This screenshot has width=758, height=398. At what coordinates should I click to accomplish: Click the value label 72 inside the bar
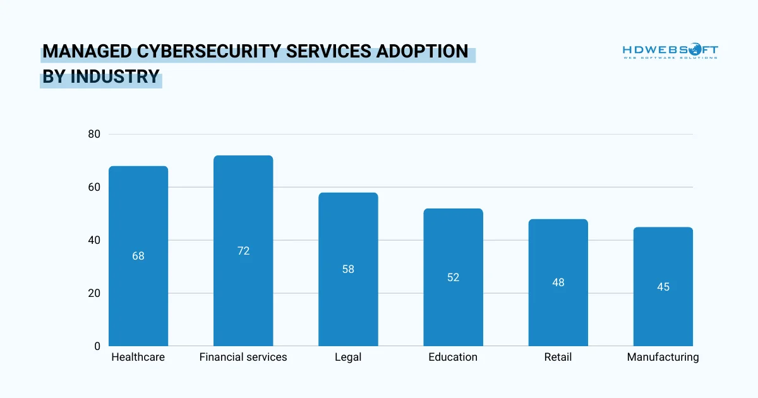(243, 251)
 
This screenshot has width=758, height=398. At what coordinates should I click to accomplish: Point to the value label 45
(663, 287)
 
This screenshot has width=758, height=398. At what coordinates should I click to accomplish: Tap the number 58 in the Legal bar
(348, 269)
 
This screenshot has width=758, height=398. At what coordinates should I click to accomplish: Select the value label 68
(138, 256)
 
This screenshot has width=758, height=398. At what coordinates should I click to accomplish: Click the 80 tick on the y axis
(94, 134)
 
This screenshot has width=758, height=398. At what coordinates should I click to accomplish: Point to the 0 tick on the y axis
(97, 346)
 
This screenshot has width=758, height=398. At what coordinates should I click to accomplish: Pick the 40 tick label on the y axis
(94, 240)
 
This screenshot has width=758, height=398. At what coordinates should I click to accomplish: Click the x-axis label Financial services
(243, 357)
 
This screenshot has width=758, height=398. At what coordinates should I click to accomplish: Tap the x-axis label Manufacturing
(663, 357)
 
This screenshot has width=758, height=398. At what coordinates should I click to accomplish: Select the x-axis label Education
(453, 357)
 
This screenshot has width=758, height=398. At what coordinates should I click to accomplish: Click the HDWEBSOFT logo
(670, 51)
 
